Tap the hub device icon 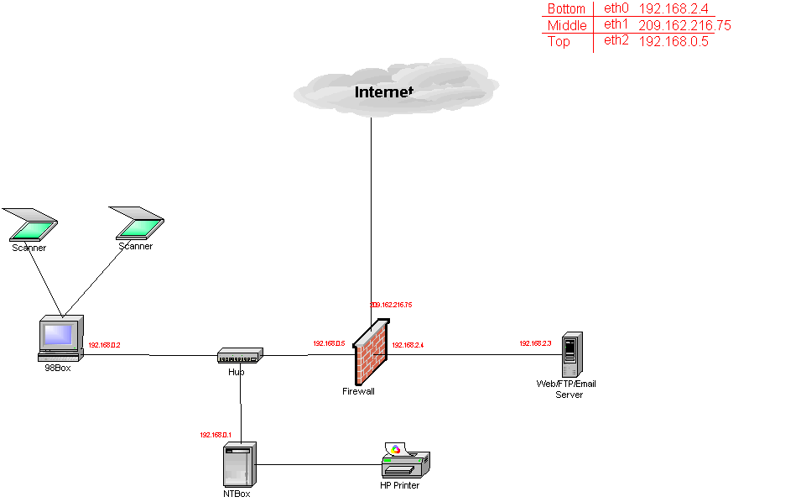tap(240, 356)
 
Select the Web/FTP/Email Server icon tap(571, 354)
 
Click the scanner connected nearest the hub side tap(139, 224)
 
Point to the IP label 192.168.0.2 tap(105, 345)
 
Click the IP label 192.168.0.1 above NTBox tap(215, 435)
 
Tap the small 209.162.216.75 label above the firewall tap(391, 305)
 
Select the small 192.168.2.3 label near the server tap(535, 343)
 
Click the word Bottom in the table tap(566, 9)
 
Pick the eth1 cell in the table tap(616, 24)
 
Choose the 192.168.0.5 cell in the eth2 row tap(673, 41)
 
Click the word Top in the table tap(559, 41)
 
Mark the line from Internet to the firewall tap(371, 210)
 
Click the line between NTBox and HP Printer tap(319, 464)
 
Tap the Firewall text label tap(358, 391)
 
